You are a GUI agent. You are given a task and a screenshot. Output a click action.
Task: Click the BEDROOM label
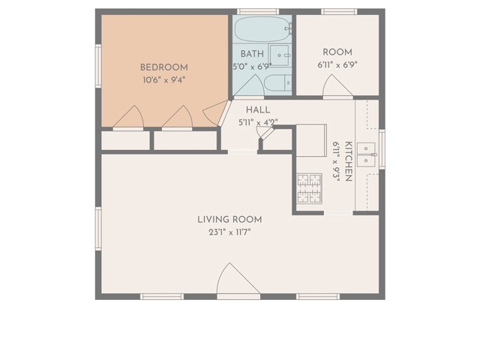pos(163,67)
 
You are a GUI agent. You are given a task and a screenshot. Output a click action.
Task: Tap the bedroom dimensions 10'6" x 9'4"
pos(163,79)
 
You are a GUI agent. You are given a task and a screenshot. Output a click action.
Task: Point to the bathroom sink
pos(280,55)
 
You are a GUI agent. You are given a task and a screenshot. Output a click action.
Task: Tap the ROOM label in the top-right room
pos(337,52)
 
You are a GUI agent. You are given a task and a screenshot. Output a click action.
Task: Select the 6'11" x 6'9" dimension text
pos(337,64)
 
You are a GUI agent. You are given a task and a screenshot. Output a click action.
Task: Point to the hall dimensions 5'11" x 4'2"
pos(258,122)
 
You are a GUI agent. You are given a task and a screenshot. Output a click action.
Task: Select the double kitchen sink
pos(366,153)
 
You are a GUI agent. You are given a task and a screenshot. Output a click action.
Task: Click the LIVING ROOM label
pos(229,219)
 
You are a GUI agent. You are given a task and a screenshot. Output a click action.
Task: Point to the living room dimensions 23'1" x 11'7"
pos(229,232)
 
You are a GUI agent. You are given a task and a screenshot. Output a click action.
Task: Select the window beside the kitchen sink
pos(381,149)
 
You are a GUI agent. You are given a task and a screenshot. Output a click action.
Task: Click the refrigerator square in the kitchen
pos(310,139)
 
